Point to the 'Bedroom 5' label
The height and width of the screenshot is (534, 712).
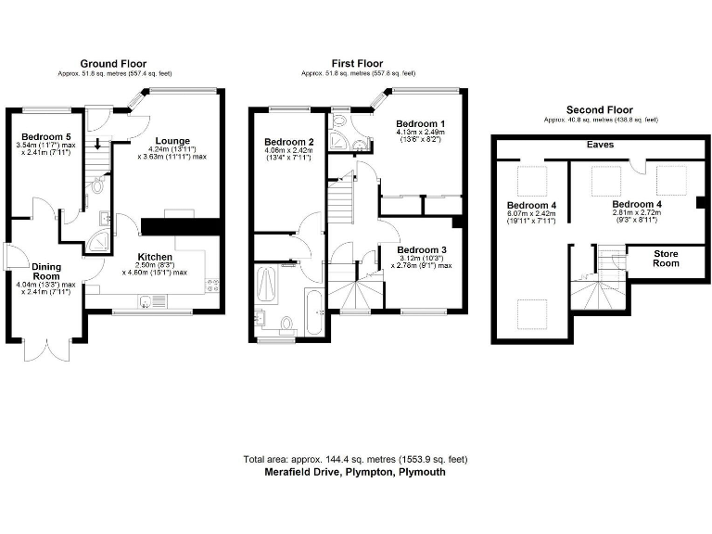[44, 137]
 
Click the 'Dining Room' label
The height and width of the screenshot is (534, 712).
[47, 271]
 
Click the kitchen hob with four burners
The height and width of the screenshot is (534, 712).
[212, 282]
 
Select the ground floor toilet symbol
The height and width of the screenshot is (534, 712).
[98, 184]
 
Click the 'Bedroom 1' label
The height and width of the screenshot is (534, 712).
[421, 124]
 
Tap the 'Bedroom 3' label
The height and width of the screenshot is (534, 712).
[423, 249]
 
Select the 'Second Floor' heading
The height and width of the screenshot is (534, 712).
[600, 109]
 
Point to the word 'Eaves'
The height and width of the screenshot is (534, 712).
[600, 146]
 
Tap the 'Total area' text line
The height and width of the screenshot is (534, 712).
[355, 459]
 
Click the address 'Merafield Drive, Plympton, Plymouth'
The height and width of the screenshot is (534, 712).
[355, 471]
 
